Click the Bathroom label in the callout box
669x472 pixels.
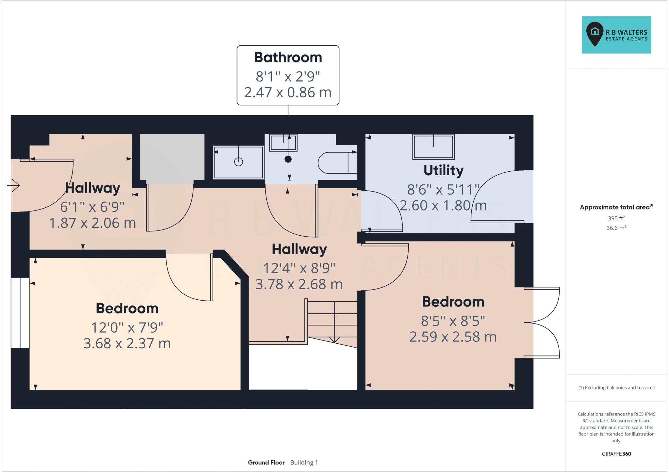(288, 57)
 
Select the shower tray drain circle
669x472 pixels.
(238, 162)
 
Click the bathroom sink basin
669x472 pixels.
(283, 143)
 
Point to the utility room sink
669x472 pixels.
(433, 147)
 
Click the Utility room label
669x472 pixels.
(443, 170)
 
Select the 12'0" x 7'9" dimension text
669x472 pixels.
(127, 327)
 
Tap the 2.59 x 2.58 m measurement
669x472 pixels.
(453, 337)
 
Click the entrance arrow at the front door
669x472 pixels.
(13, 186)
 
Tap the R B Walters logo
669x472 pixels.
(616, 35)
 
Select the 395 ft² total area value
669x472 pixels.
(616, 218)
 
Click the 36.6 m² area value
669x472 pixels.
(616, 228)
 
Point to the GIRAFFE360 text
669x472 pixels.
(616, 454)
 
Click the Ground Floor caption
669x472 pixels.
(266, 463)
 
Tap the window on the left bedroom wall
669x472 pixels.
(20, 313)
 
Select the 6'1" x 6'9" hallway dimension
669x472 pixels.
(92, 207)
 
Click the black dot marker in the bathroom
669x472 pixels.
(288, 159)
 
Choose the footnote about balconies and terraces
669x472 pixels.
(616, 388)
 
